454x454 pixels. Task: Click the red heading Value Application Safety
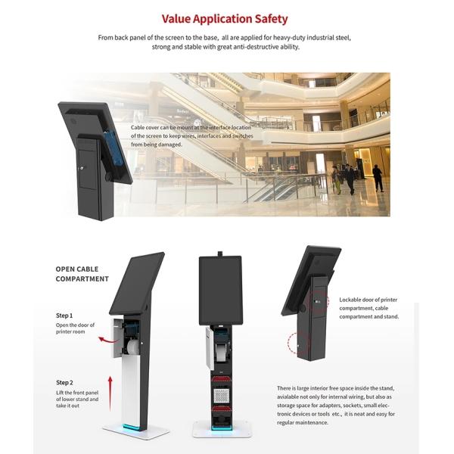pyautogui.click(x=225, y=19)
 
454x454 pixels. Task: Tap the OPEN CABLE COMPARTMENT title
pyautogui.click(x=82, y=274)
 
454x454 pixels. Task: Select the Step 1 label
pyautogui.click(x=64, y=316)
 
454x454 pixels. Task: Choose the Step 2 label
pyautogui.click(x=64, y=382)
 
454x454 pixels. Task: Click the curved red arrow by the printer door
pyautogui.click(x=107, y=340)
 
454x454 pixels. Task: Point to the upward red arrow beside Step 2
pyautogui.click(x=110, y=393)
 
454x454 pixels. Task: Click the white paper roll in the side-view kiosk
pyautogui.click(x=133, y=347)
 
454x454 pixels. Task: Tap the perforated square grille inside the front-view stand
pyautogui.click(x=222, y=396)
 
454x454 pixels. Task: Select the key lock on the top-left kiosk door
pyautogui.click(x=82, y=168)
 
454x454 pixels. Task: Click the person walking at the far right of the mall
pyautogui.click(x=378, y=178)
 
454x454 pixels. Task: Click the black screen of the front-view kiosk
pyautogui.click(x=220, y=291)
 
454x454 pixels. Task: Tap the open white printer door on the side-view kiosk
pyautogui.click(x=117, y=338)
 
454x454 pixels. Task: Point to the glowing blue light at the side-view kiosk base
pyautogui.click(x=132, y=428)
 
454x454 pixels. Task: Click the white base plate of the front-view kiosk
pyautogui.click(x=222, y=429)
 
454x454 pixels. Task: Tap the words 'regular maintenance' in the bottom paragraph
pyautogui.click(x=303, y=422)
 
